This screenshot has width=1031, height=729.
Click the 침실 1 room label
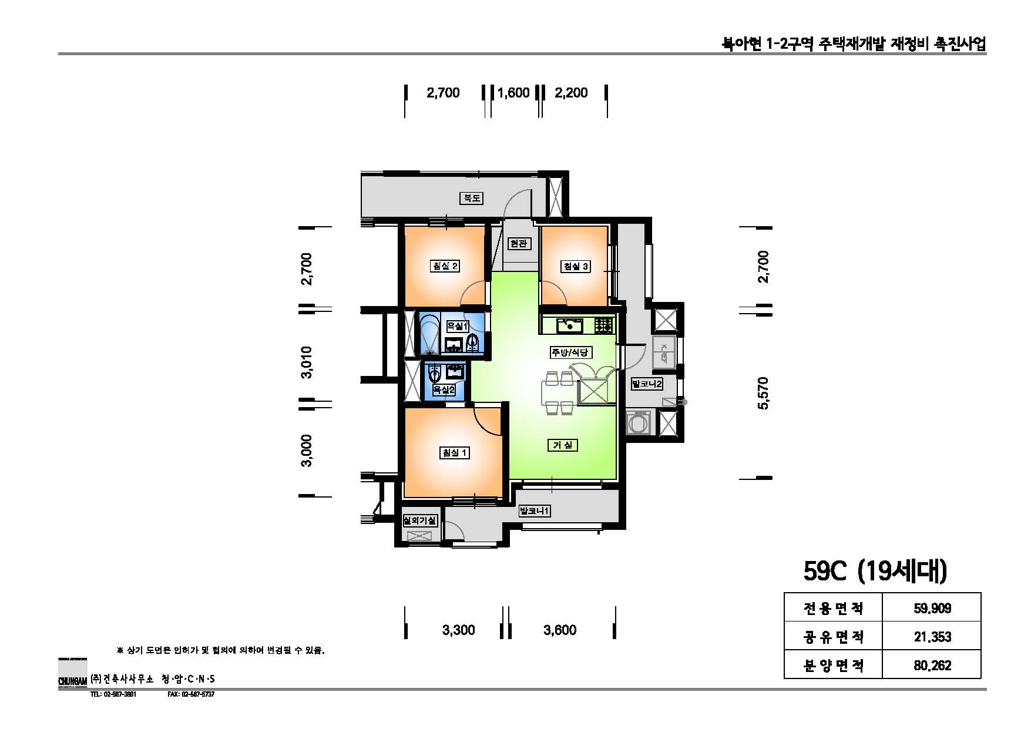(x=454, y=452)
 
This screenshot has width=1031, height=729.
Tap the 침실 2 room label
(x=445, y=266)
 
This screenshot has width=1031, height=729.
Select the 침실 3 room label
(x=576, y=266)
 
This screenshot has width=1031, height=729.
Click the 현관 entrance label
(x=519, y=243)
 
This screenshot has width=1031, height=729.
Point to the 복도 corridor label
(x=471, y=198)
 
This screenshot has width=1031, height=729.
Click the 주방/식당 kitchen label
(x=570, y=352)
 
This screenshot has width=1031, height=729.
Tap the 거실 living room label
(x=562, y=445)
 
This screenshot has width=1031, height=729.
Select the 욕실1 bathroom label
(x=458, y=326)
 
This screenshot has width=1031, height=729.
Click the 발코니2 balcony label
(x=646, y=384)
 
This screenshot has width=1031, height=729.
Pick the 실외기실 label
(x=419, y=520)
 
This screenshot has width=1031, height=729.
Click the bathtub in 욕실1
(x=429, y=334)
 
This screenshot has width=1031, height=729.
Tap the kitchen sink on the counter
(x=569, y=324)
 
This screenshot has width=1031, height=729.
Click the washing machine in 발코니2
(x=639, y=422)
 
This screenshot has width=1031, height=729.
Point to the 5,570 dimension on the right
(x=763, y=393)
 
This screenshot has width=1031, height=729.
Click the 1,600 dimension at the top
(x=513, y=93)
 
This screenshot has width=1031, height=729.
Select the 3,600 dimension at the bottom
(x=560, y=630)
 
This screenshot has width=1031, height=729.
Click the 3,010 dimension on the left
(x=306, y=362)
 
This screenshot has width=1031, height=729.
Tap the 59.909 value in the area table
(x=932, y=608)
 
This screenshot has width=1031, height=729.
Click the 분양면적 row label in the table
(x=833, y=666)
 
